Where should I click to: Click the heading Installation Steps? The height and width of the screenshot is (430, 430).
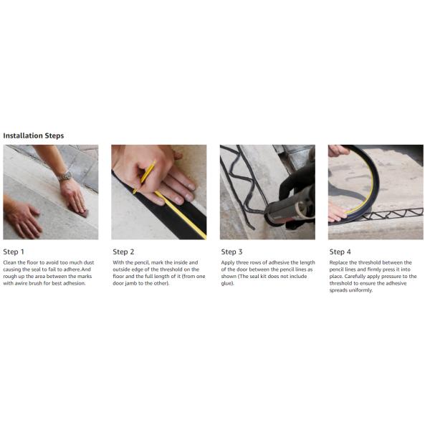pos(34,135)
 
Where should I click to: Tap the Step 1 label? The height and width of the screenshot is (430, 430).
pos(14,252)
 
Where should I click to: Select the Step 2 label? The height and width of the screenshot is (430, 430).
pos(123,252)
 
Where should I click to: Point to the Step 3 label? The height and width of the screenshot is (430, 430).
pos(231,252)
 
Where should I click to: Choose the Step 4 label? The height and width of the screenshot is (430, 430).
pos(340,252)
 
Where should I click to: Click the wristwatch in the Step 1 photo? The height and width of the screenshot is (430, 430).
pos(65,176)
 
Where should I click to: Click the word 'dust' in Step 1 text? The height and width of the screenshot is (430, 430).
pos(89,262)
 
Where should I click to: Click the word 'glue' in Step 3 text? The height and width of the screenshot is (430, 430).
pos(227,283)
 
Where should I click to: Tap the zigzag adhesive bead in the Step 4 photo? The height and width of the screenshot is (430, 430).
pos(392,214)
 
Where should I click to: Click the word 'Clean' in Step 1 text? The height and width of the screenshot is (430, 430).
pos(9,262)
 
